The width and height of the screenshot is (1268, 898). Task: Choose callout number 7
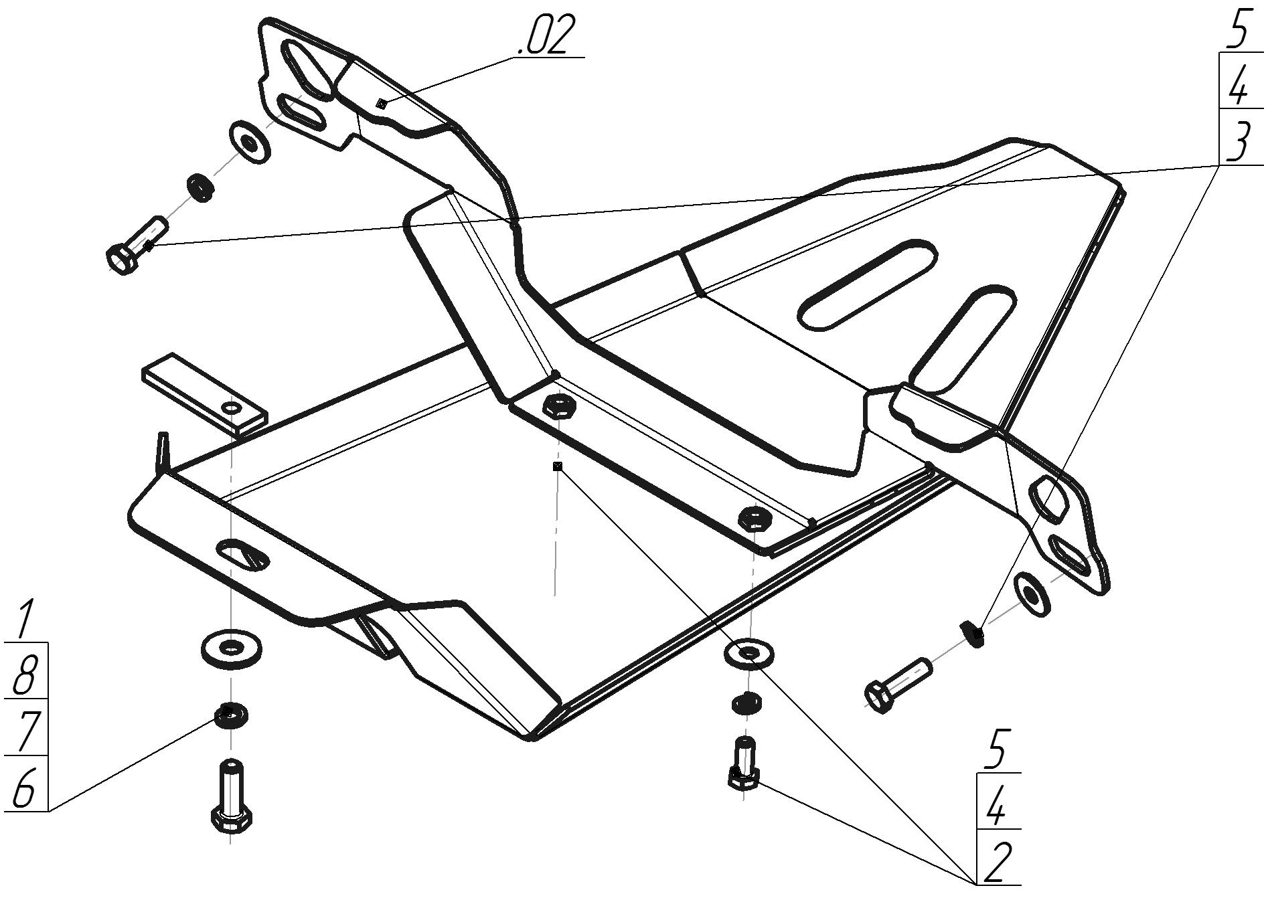[25, 732]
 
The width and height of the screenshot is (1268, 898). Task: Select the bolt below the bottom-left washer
[231, 796]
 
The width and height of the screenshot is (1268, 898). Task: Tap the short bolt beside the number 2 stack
[744, 764]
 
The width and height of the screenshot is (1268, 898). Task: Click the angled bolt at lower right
[898, 684]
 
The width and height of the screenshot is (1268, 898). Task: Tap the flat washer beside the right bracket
[1032, 594]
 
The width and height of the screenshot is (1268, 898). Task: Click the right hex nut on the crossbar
[754, 519]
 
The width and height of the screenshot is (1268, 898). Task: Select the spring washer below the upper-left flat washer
[200, 187]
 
